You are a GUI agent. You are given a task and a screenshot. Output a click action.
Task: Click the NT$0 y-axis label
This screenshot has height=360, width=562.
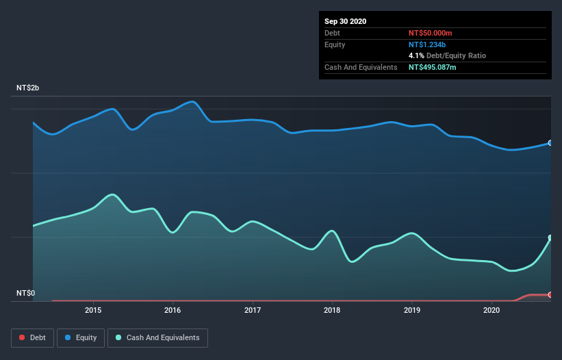pyautogui.click(x=25, y=294)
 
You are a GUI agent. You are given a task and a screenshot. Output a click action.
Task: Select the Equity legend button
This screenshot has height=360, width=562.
pyautogui.click(x=81, y=337)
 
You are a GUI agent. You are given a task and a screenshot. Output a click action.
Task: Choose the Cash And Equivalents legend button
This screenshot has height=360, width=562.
pyautogui.click(x=157, y=337)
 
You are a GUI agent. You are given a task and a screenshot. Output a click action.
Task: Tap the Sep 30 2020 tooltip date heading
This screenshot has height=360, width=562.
pyautogui.click(x=345, y=21)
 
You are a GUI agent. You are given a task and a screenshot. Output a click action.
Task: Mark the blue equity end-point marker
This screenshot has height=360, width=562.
pyautogui.click(x=550, y=143)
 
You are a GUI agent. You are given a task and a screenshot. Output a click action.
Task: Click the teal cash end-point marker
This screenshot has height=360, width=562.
pyautogui.click(x=550, y=237)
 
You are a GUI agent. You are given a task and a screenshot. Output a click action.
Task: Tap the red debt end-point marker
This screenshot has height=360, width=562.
pyautogui.click(x=550, y=295)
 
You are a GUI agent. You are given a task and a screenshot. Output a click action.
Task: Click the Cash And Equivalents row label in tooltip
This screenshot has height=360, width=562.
pyautogui.click(x=361, y=67)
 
